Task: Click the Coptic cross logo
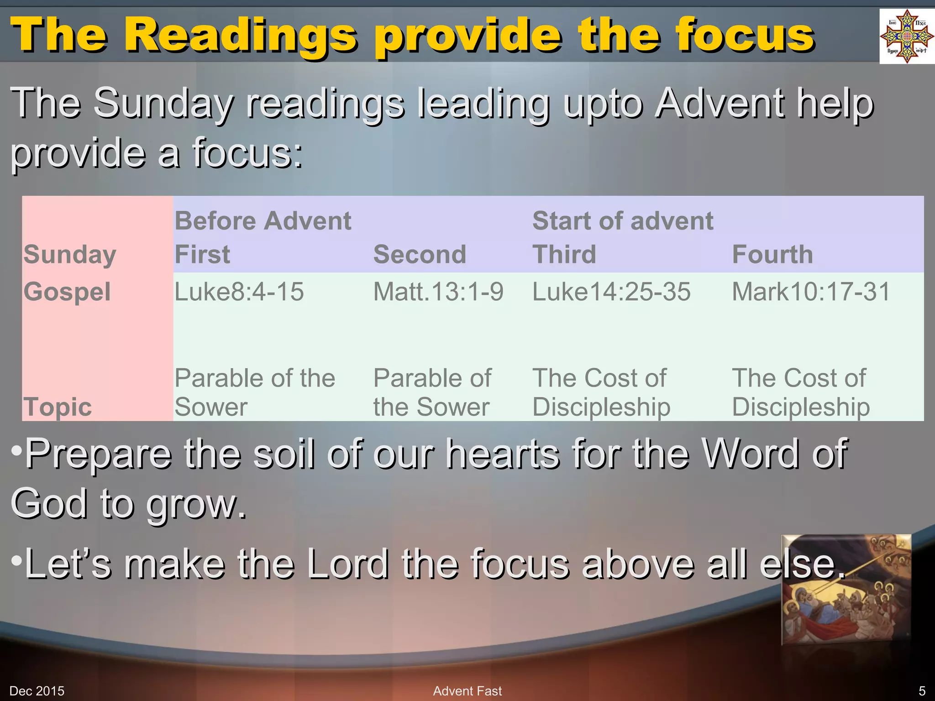pos(906,36)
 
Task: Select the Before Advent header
pos(263,221)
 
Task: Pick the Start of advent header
pos(623,221)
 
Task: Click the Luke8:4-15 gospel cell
pos(239,292)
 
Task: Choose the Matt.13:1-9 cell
pos(438,292)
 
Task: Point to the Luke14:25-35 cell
pos(612,292)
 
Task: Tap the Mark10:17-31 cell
pos(811,292)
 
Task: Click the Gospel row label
pos(67,292)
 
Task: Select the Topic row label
pos(58,407)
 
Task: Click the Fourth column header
pos(772,254)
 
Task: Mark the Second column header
pos(420,254)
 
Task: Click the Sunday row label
pos(70,254)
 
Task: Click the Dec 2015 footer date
pos(37,691)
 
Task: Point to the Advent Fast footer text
pos(467,691)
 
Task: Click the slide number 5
pos(922,691)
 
